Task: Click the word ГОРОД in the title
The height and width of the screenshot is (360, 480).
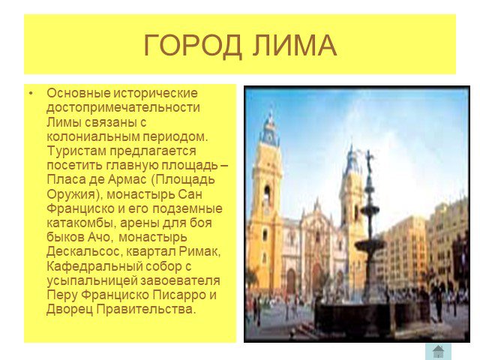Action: click(193, 46)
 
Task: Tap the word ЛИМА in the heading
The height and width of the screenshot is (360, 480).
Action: click(295, 46)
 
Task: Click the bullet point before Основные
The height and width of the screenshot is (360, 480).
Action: click(31, 93)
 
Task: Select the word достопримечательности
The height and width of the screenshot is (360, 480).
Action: click(123, 107)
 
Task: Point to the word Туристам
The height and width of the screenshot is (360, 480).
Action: click(76, 151)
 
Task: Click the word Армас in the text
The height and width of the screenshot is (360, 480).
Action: click(127, 180)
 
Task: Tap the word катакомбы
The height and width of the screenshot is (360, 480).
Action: click(81, 223)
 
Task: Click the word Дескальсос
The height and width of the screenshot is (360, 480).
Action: click(82, 252)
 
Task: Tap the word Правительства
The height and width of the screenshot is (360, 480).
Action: click(145, 310)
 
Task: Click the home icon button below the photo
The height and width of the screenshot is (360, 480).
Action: click(438, 352)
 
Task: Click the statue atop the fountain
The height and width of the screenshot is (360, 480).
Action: click(369, 160)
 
